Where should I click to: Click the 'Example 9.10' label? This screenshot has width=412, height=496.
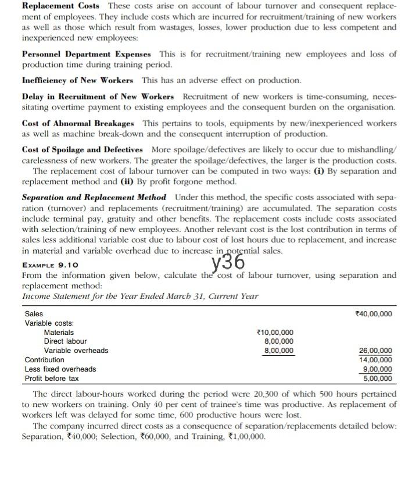tap(51, 265)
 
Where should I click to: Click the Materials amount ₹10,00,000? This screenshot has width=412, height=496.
tap(275, 332)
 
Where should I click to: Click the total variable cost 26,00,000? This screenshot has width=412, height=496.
tap(377, 351)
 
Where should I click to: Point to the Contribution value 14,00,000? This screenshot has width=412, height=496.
tap(377, 360)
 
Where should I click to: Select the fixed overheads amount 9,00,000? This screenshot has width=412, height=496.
tap(378, 369)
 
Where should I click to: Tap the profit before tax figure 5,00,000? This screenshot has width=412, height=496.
tap(378, 379)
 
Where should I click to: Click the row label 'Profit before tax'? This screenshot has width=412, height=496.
tap(52, 379)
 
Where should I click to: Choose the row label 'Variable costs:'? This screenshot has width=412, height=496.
tap(49, 323)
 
